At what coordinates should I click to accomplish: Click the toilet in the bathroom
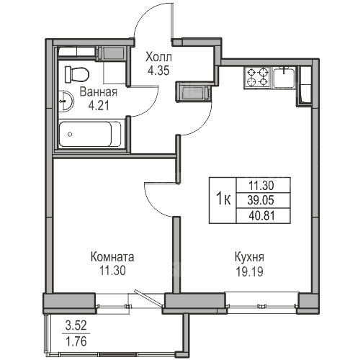(77, 74)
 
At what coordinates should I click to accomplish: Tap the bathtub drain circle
(70, 135)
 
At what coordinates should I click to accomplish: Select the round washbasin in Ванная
(66, 101)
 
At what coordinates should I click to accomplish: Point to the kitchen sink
(284, 77)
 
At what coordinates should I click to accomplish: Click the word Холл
(158, 58)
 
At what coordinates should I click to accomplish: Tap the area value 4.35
(158, 71)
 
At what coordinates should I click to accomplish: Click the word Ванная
(99, 92)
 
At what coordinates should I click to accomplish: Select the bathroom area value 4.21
(99, 105)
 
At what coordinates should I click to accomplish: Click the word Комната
(112, 257)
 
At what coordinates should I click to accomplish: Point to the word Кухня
(249, 257)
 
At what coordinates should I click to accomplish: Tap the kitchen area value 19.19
(250, 271)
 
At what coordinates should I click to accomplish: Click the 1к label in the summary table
(223, 199)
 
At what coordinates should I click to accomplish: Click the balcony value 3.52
(76, 326)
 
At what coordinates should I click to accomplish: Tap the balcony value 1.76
(76, 341)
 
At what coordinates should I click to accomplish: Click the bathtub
(90, 134)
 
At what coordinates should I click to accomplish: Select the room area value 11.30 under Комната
(112, 271)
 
